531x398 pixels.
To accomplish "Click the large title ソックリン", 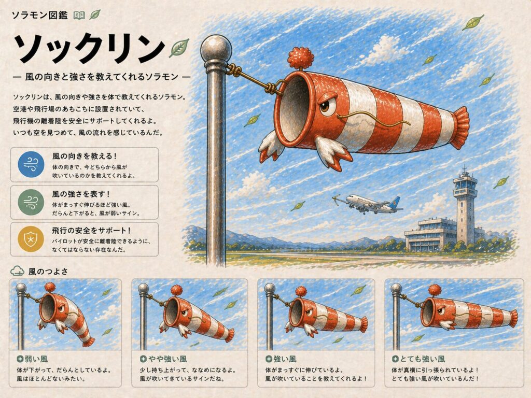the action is [x=89, y=48].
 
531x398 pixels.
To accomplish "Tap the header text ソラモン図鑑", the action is [x=39, y=15].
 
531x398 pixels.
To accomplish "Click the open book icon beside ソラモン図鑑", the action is [x=79, y=15].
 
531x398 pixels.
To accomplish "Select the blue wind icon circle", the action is [x=31, y=164].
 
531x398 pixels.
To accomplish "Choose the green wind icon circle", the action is [x=31, y=202].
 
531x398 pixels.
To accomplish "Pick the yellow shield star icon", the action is [x=31, y=239].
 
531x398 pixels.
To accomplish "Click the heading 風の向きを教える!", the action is [x=85, y=156].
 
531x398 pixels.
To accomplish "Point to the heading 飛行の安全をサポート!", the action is [x=91, y=231].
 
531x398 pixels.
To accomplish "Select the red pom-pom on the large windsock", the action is [x=299, y=58].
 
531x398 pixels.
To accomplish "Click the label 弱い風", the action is [x=36, y=359].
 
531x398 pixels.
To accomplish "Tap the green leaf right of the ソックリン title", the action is [x=179, y=48].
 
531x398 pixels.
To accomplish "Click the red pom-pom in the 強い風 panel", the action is [x=301, y=292].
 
